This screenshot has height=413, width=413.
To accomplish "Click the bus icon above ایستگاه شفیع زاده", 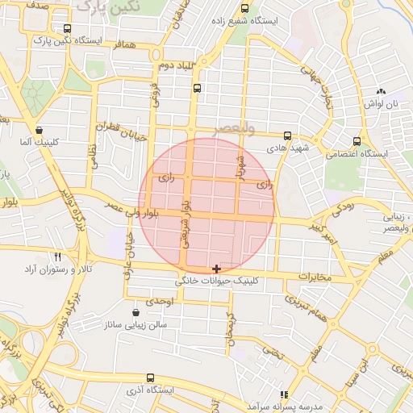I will (x=245, y=8).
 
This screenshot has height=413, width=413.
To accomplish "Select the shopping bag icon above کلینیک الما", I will (x=39, y=130).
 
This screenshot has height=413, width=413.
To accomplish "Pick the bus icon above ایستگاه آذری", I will (x=150, y=378).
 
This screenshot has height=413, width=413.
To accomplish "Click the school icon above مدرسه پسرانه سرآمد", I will (x=283, y=395).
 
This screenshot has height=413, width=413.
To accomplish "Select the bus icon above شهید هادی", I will (x=288, y=136).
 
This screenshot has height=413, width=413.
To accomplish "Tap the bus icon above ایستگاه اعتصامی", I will (x=355, y=141).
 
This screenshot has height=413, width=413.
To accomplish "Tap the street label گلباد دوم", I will (x=175, y=65).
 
